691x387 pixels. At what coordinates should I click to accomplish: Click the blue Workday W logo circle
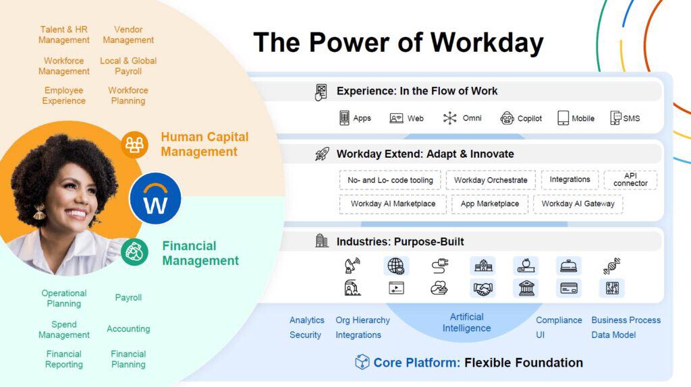[156, 198]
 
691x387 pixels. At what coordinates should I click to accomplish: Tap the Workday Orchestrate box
[491, 180]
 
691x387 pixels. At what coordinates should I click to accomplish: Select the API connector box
[630, 179]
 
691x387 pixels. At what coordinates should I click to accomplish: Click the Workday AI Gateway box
[578, 204]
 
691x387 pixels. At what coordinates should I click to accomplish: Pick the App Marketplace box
[489, 204]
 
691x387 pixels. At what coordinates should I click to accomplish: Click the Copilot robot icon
[507, 118]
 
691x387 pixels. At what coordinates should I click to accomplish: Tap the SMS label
[632, 118]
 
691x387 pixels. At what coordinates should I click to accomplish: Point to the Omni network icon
[449, 118]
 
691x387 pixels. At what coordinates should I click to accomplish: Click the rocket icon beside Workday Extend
[322, 154]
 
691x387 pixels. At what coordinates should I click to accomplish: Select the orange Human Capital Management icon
[135, 145]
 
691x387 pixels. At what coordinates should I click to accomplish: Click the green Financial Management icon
[135, 252]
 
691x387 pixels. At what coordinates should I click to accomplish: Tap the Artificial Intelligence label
[466, 322]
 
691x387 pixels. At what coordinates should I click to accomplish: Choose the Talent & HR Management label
[64, 35]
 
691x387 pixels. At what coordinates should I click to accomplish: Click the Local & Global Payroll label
[128, 66]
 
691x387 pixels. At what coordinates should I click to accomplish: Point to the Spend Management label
[64, 330]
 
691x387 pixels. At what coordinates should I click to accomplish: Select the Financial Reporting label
[64, 359]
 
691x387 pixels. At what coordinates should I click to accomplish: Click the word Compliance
[559, 320]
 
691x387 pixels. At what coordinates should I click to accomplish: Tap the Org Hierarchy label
[362, 320]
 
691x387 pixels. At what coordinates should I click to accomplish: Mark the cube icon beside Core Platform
[362, 362]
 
